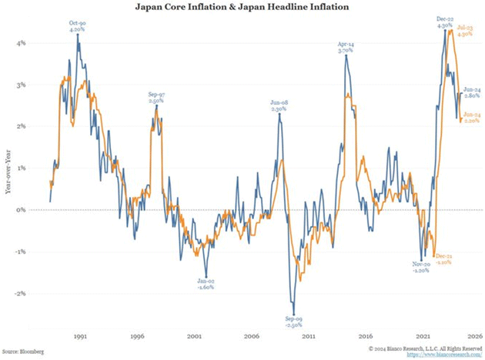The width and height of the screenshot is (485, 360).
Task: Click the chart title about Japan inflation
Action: [x=242, y=8]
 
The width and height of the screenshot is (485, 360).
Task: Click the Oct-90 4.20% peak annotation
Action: [x=78, y=27]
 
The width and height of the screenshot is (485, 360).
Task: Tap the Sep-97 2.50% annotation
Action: [x=157, y=97]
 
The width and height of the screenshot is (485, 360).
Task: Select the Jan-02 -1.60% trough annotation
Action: [x=206, y=285]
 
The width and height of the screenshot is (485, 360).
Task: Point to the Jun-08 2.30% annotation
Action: [x=279, y=106]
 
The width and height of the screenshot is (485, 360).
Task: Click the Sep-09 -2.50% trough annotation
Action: [x=293, y=322]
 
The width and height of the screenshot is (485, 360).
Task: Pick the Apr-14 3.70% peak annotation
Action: [x=346, y=48]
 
